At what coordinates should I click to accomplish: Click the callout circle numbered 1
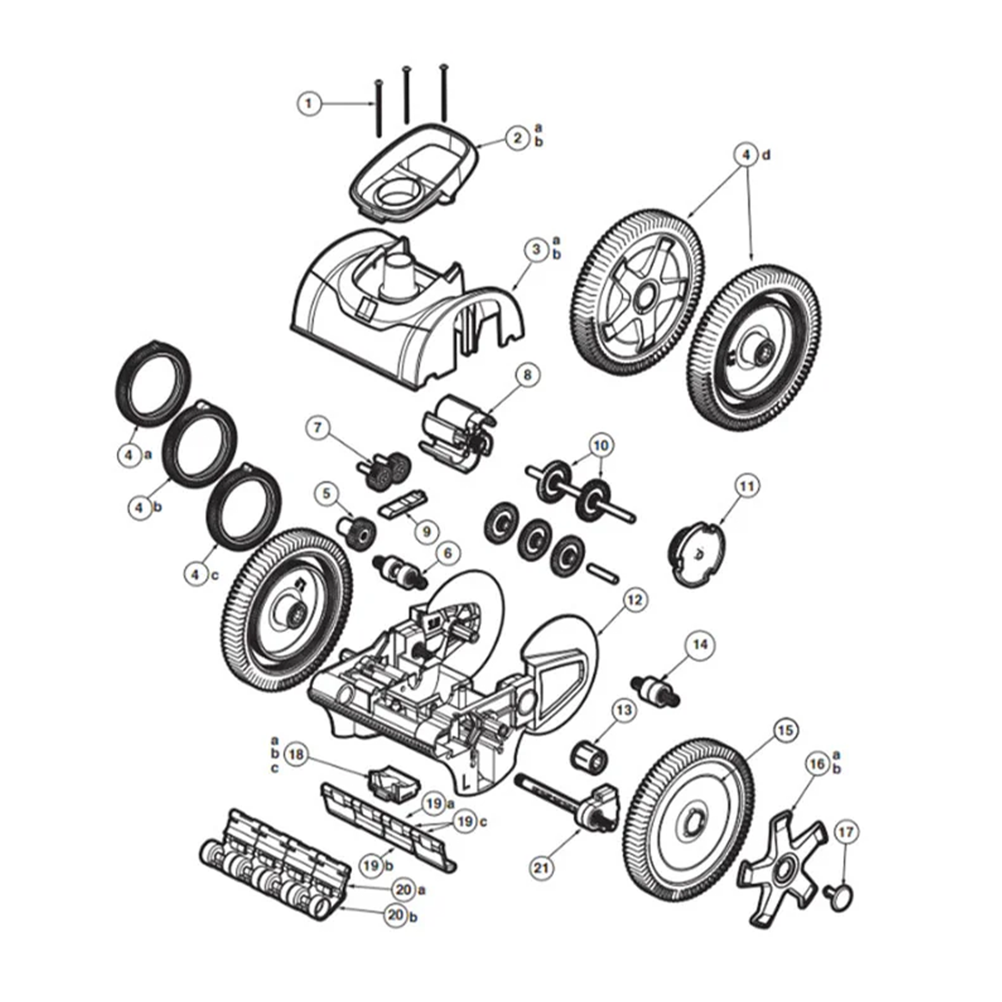pos(309,104)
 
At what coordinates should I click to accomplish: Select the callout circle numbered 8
pos(527,374)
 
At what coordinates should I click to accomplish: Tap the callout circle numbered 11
pos(747,486)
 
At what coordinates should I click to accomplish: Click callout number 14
pos(700,645)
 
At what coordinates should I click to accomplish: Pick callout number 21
pos(541,867)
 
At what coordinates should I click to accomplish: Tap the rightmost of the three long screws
pos(443,93)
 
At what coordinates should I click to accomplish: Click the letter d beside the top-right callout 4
pos(766,155)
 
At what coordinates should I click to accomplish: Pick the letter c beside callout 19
pos(483,822)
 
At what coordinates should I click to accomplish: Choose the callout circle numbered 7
pos(318,428)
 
